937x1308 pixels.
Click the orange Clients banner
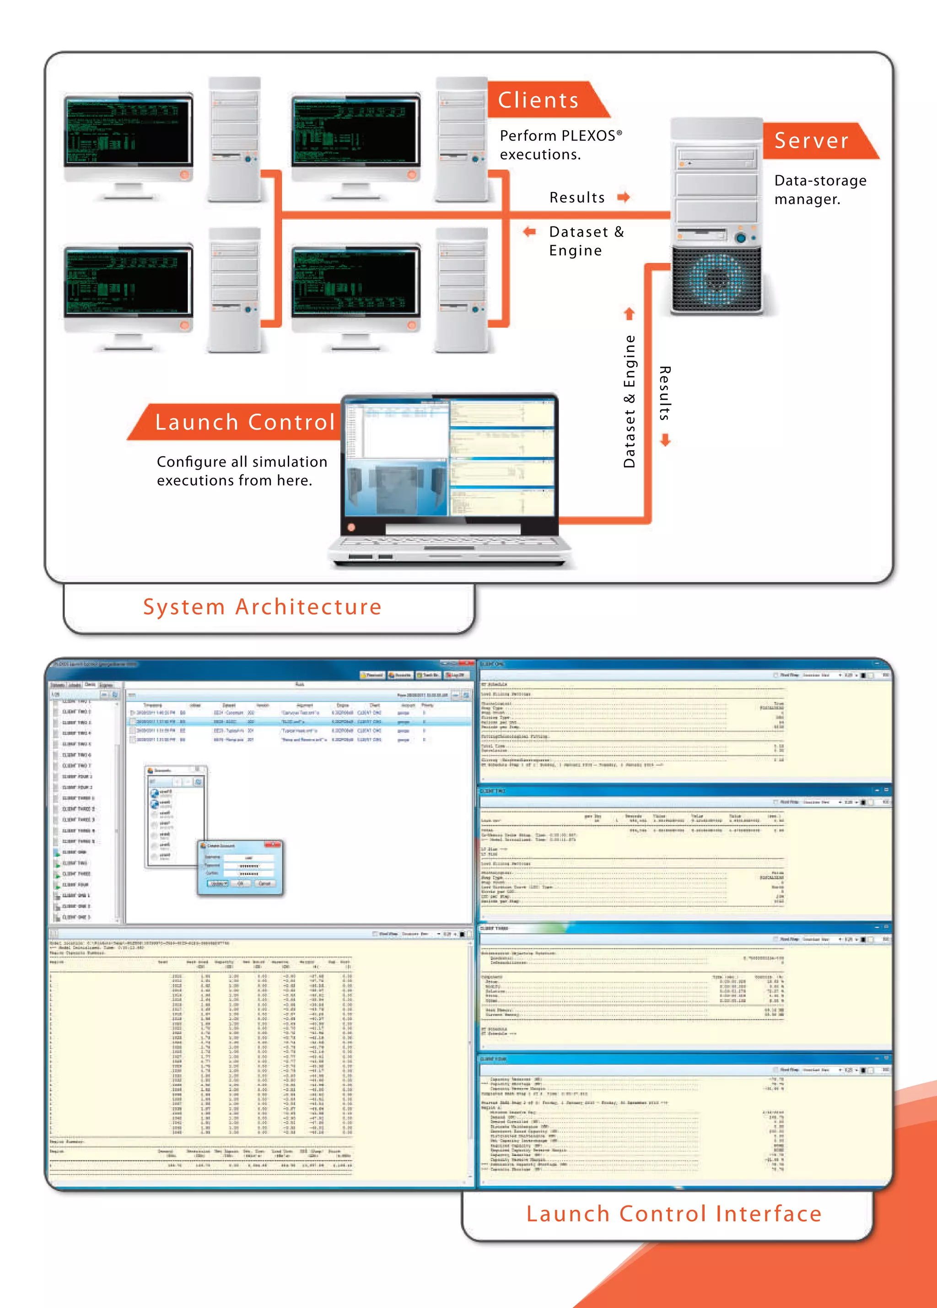(539, 100)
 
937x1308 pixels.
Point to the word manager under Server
(807, 199)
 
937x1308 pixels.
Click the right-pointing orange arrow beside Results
(623, 197)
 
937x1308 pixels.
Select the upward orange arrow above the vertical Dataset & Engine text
(629, 314)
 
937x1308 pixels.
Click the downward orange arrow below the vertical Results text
(665, 441)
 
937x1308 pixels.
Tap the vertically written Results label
(665, 393)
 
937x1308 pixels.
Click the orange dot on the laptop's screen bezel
(351, 527)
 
